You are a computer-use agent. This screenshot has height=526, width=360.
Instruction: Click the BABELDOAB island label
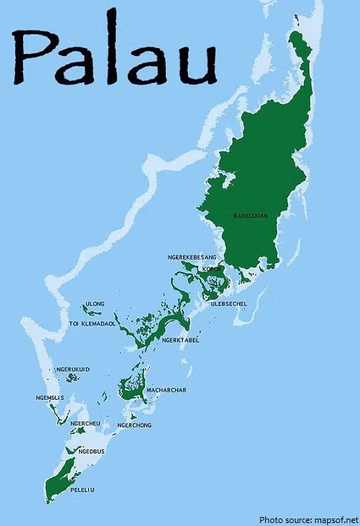coord(250,216)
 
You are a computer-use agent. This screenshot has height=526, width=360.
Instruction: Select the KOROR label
coord(213,269)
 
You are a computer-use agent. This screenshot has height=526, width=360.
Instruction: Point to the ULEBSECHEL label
coord(229,304)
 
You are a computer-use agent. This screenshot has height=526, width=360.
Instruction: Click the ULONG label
coord(95,303)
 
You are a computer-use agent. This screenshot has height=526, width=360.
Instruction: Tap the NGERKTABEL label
coord(180,341)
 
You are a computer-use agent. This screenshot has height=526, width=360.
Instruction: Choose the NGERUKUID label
coord(73,369)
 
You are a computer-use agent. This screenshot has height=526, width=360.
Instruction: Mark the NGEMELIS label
coord(50,397)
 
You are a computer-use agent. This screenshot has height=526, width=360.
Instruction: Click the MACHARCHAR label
coord(167,390)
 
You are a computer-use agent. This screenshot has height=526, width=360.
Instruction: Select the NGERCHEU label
coord(86,424)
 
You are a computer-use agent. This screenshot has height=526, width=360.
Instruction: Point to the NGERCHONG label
coord(134,425)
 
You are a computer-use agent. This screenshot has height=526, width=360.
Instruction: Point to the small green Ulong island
coord(87,309)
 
